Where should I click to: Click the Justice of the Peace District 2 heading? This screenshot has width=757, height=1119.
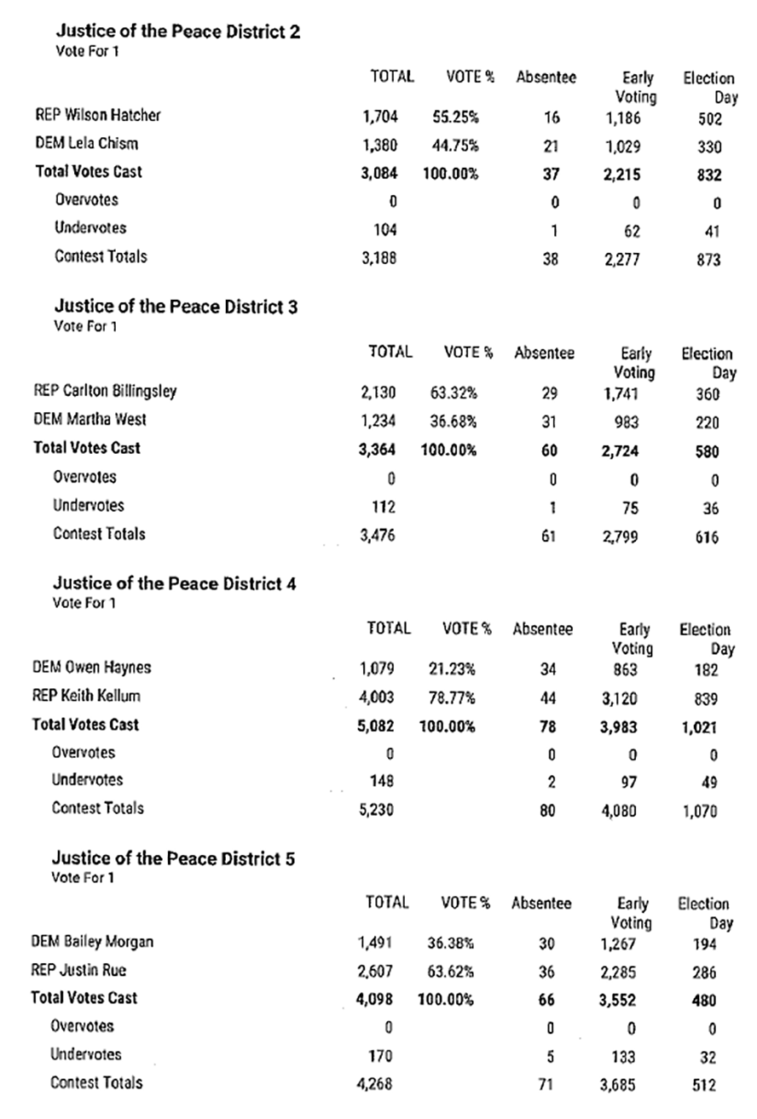pos(177,32)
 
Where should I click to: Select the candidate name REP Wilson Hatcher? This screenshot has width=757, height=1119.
pos(97,115)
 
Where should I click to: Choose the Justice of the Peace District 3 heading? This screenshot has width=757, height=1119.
pos(176,307)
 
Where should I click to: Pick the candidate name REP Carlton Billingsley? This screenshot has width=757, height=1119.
pos(105,391)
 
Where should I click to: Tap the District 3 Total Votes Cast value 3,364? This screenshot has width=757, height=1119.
pos(378,450)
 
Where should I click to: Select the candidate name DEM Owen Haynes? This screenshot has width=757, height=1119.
pos(91,668)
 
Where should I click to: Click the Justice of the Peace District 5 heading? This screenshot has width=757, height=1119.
pos(174,858)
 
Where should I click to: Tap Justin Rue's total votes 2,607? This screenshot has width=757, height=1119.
pos(374,972)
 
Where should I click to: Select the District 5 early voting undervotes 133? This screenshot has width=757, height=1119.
pos(623,1057)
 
